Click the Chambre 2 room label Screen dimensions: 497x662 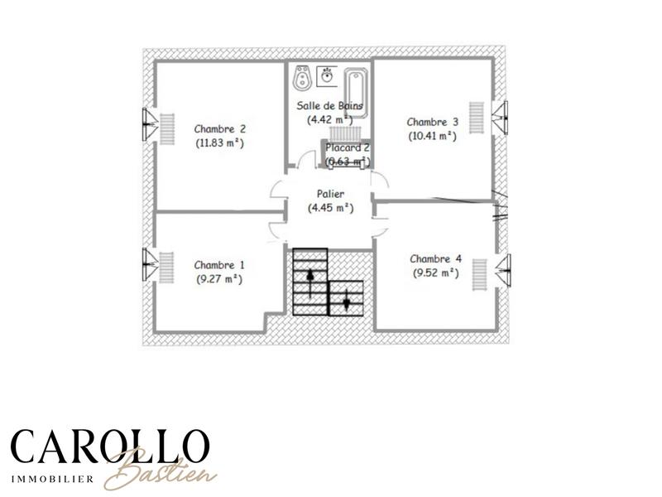pos(219,129)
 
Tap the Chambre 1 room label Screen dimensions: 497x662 pos(219,265)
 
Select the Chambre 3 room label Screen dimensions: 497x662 pos(432,122)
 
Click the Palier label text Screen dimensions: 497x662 pos(330,194)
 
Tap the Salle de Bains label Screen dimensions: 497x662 pos(330,105)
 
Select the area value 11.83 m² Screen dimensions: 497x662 pos(219,142)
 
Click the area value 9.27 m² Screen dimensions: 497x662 pos(219,279)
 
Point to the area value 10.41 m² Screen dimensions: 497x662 pos(432,136)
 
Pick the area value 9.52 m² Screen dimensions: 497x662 pos(434,273)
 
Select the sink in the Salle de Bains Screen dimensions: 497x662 pos(328,75)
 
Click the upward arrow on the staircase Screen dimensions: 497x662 pos(310,282)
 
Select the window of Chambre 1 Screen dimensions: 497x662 pos(149,264)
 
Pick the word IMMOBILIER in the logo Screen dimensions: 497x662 pos(51,478)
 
